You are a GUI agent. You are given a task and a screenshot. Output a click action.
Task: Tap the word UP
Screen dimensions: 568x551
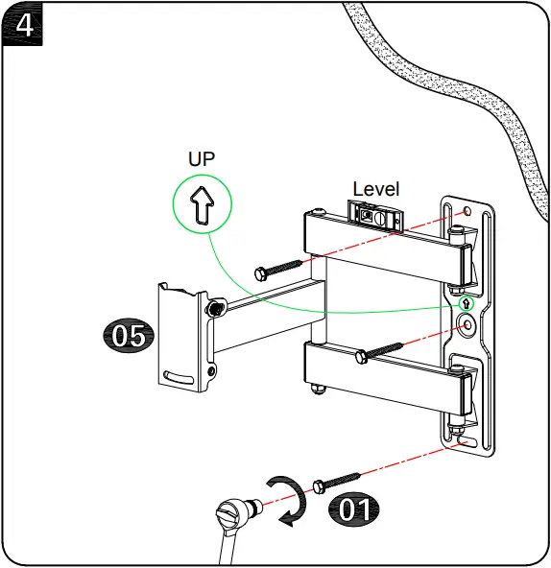pos(202,159)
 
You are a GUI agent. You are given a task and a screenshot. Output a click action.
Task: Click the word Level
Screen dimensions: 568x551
pos(375,189)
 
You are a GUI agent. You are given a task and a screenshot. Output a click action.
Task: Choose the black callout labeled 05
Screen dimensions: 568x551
pos(128,336)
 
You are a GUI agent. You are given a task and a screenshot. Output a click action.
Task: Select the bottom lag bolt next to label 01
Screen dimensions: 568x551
pos(337,479)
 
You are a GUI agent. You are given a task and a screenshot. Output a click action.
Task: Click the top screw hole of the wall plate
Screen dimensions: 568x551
pos(467,212)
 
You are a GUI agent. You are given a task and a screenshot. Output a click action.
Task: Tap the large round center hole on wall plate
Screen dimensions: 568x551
pos(467,326)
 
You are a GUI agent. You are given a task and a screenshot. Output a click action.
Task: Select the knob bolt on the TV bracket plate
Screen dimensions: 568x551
pos(216,308)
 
